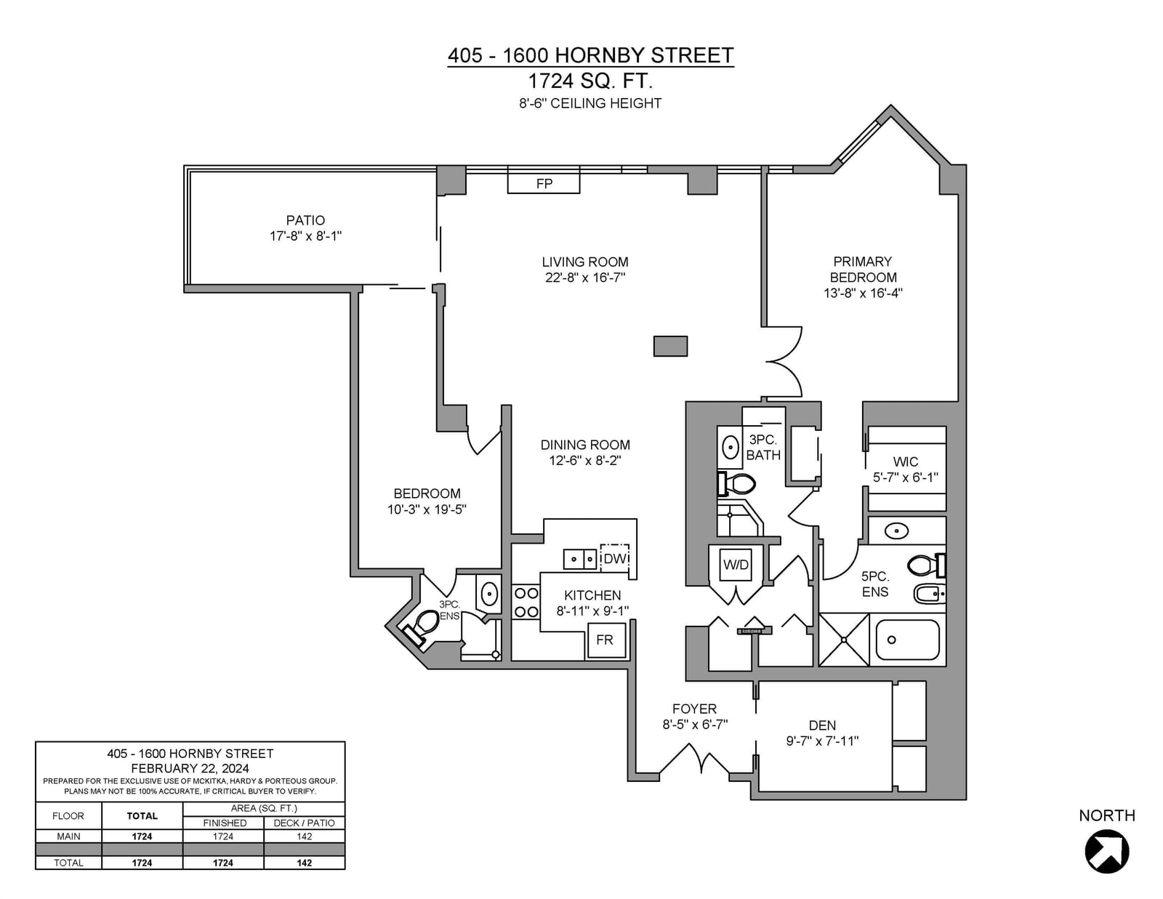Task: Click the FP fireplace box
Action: point(543,180)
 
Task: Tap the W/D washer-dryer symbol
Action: point(736,565)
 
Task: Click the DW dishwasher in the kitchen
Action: point(614,559)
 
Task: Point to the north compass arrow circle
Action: point(1107,851)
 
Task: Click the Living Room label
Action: point(585,262)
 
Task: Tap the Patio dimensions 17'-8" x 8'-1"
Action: point(305,236)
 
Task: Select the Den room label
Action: point(822,725)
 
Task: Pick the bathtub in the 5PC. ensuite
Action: point(906,640)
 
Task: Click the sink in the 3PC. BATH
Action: point(730,448)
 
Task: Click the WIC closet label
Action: point(905,461)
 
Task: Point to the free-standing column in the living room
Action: point(670,346)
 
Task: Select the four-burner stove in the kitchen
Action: point(526,602)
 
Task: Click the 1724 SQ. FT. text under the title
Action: point(590,81)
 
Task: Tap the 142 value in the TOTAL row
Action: point(304,863)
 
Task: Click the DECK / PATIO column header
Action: point(304,823)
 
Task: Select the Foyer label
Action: point(694,709)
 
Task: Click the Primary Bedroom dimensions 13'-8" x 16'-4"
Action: point(863,293)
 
